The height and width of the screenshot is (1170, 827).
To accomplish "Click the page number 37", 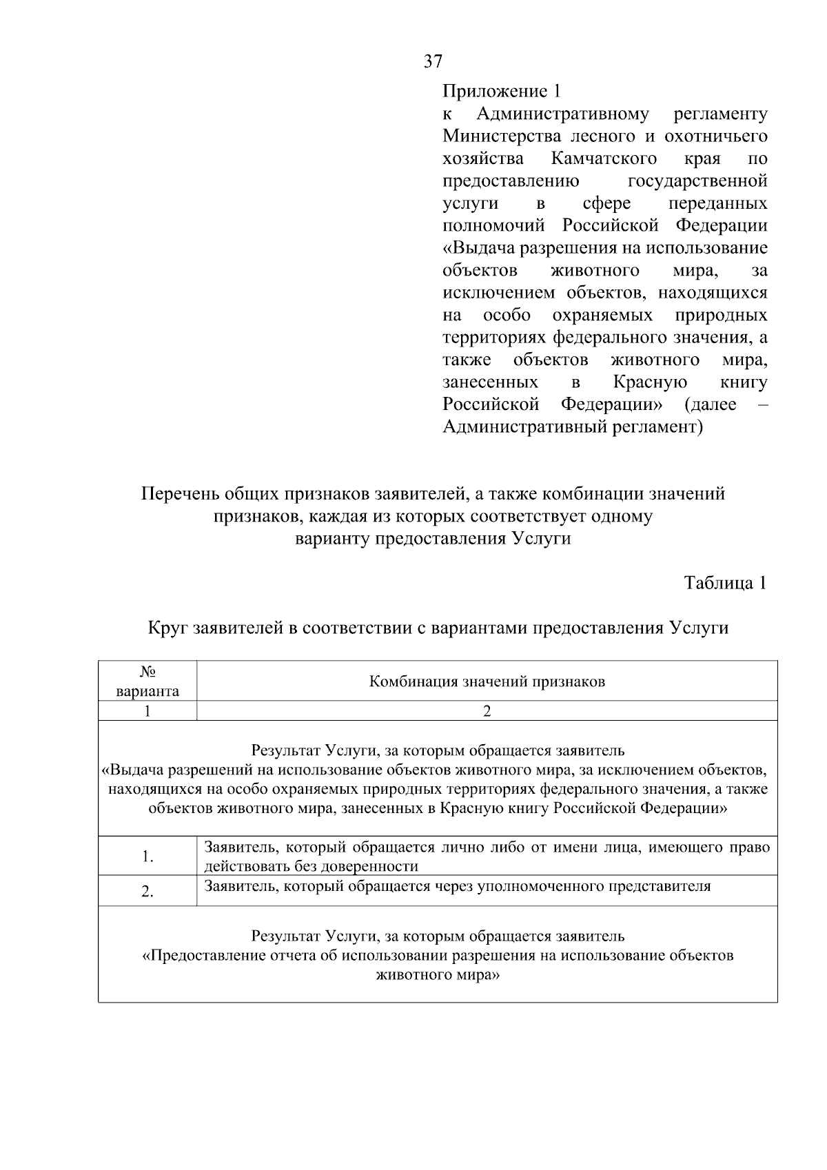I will point(433,61).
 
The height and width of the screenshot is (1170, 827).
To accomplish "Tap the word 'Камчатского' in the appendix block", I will point(604,159).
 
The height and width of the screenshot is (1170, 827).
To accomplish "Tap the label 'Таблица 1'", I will point(725,583).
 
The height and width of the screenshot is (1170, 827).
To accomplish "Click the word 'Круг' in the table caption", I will point(169,628).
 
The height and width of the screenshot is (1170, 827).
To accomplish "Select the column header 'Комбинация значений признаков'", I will point(487,682).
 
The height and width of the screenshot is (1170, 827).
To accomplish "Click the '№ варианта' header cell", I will point(147,681).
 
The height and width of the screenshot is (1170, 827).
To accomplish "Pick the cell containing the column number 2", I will point(487,711).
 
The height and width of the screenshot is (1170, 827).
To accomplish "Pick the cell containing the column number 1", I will point(147,711).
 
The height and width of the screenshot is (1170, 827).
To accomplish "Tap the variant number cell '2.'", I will point(147,892).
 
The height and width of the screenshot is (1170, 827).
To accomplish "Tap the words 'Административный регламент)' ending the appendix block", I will point(572,427).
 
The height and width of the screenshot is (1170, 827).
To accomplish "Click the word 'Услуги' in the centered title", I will point(542,538).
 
